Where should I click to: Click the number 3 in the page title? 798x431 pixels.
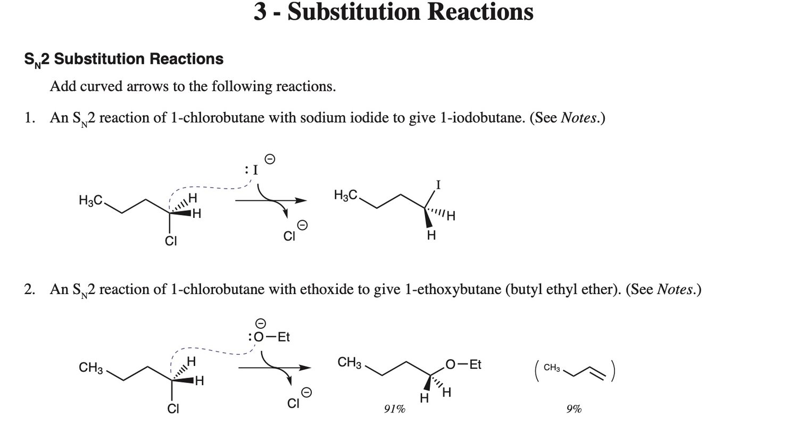click(x=260, y=11)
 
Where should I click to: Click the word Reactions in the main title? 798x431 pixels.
click(x=480, y=11)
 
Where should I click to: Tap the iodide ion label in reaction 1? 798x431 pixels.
click(x=255, y=170)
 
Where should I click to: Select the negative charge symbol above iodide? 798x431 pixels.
click(x=270, y=159)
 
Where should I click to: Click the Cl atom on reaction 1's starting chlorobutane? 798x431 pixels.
click(x=171, y=241)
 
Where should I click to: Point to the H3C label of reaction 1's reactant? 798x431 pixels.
click(x=90, y=200)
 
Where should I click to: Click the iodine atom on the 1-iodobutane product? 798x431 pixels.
click(x=438, y=185)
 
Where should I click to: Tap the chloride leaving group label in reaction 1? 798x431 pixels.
click(x=289, y=236)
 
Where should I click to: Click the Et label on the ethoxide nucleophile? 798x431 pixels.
click(x=284, y=337)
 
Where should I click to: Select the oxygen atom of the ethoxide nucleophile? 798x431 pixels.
click(x=259, y=337)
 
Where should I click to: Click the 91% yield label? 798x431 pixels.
click(x=395, y=409)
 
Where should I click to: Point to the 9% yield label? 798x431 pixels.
click(x=574, y=409)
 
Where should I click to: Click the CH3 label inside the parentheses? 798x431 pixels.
click(x=552, y=368)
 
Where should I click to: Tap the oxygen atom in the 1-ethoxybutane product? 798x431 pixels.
click(x=450, y=364)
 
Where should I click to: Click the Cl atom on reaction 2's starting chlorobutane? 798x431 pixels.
click(x=173, y=409)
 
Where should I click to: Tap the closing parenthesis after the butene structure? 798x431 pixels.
click(x=612, y=371)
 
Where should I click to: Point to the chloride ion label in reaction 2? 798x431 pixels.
click(x=293, y=403)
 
